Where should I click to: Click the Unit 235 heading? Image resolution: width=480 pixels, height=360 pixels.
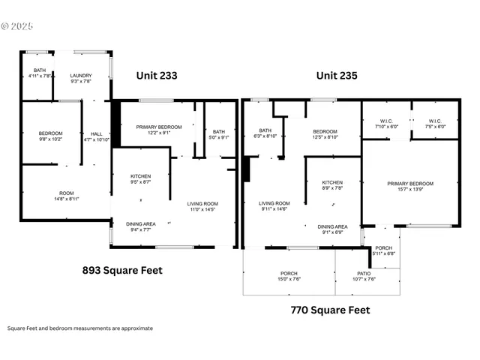point(337,76)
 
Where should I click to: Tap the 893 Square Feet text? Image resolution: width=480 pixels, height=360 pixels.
point(121,270)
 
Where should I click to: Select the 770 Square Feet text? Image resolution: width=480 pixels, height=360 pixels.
point(329,309)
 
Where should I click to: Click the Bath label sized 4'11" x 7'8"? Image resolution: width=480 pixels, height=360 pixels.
point(39,73)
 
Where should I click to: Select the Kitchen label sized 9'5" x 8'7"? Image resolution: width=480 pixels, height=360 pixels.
point(140,178)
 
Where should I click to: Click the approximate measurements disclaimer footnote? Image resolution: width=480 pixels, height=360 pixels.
point(80,328)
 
